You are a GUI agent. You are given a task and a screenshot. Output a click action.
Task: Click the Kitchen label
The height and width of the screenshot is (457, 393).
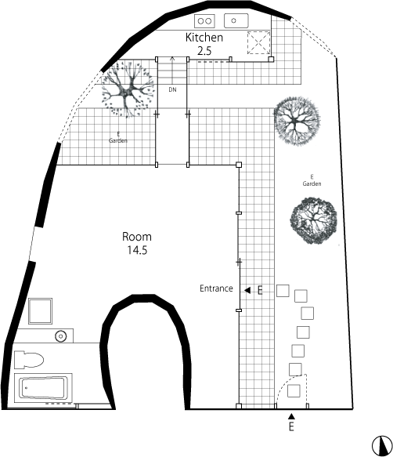[x=204, y=38]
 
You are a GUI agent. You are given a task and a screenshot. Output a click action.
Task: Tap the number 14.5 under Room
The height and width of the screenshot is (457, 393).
[x=137, y=250]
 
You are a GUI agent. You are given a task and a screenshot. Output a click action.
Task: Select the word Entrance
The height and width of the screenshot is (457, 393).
[x=216, y=288]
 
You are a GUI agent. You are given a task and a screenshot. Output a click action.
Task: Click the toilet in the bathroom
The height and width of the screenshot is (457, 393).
[x=29, y=360]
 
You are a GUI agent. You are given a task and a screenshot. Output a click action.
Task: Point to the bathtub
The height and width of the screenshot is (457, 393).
[x=43, y=387]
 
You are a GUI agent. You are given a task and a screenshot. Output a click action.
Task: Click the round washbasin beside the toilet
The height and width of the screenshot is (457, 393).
[x=61, y=336]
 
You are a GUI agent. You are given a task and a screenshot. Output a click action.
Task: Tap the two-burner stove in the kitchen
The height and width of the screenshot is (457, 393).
[x=204, y=21]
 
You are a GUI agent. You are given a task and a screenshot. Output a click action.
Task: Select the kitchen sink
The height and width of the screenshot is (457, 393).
[x=236, y=20]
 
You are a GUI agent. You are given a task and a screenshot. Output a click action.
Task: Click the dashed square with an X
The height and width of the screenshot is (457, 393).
[x=258, y=43]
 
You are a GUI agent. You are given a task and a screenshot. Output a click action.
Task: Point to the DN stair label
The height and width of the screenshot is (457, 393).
[x=173, y=90]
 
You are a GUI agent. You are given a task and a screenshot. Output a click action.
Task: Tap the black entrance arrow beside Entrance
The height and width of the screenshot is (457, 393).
[x=247, y=290]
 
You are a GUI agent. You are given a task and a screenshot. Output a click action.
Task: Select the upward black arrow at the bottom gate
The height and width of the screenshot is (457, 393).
[x=291, y=416]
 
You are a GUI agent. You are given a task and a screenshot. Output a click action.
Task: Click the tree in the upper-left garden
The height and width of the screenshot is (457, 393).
[x=127, y=89]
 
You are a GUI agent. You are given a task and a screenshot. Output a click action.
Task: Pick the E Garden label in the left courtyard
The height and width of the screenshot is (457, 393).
[x=118, y=137]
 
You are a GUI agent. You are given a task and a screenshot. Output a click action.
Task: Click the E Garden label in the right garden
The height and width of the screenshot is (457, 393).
[x=312, y=180]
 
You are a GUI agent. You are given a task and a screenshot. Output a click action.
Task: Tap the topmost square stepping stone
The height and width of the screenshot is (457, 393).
[x=283, y=291]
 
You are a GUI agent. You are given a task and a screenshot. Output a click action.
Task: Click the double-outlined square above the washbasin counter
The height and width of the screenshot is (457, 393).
[x=41, y=310]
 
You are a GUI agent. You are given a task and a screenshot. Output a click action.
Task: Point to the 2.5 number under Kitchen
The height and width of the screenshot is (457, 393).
[x=204, y=51]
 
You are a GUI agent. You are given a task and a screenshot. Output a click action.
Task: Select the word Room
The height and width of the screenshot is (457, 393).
[x=137, y=237]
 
